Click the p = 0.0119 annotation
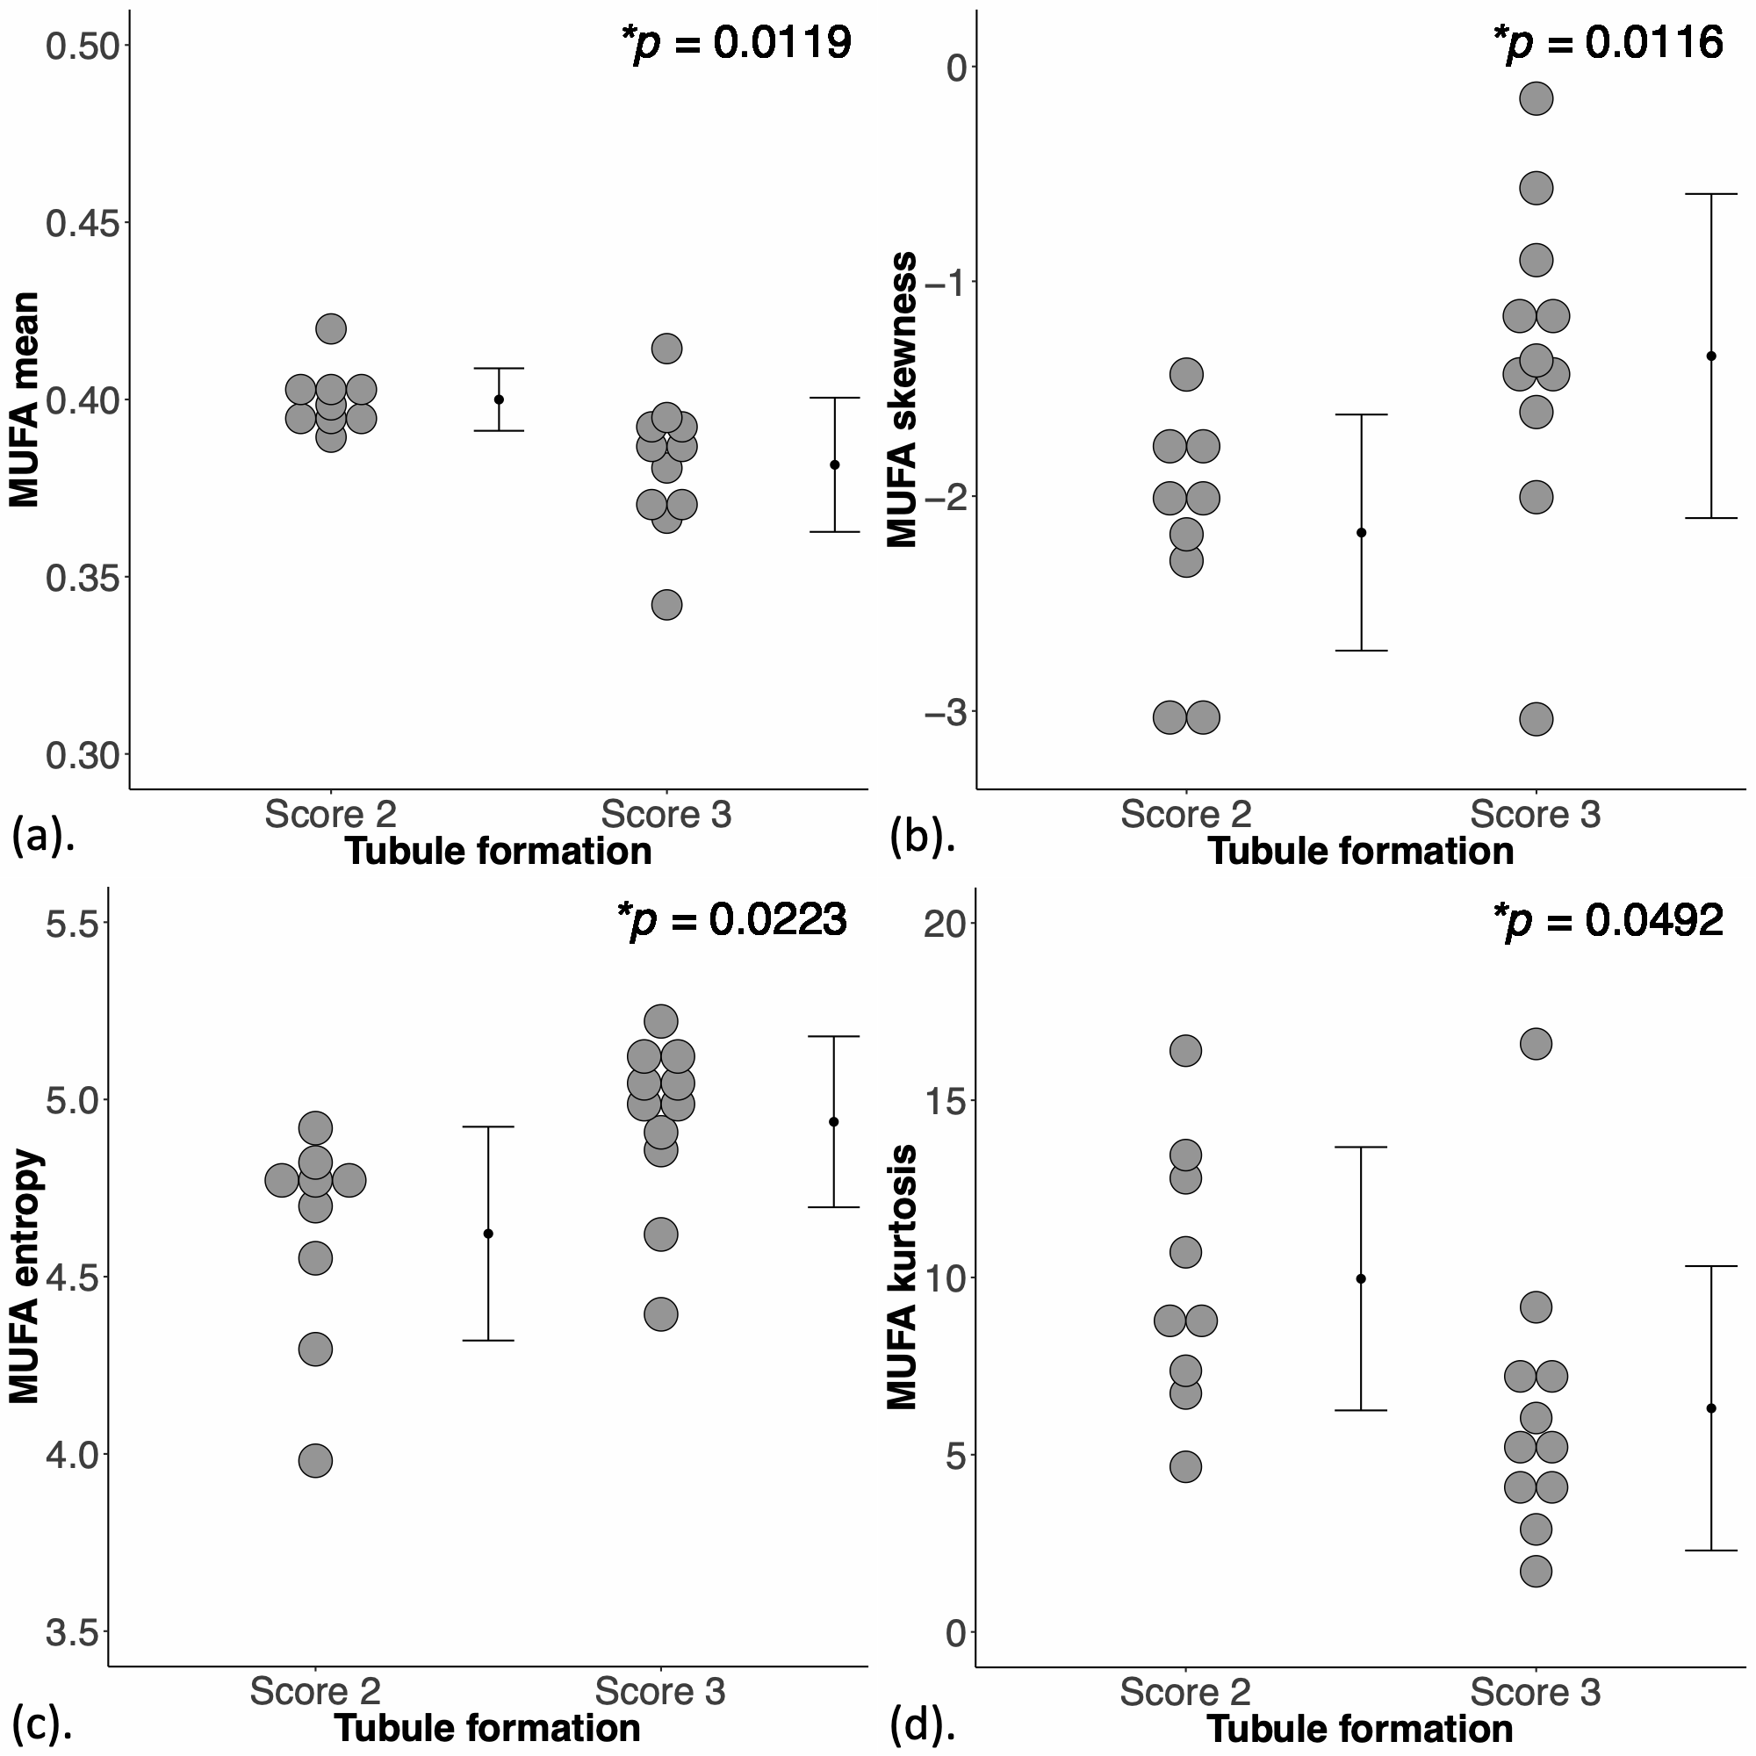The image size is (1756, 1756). point(737,43)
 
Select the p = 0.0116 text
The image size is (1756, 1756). point(1608,43)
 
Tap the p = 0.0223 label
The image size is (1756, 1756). point(731,920)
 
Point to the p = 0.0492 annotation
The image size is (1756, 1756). point(1608,920)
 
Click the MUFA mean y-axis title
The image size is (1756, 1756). point(25,399)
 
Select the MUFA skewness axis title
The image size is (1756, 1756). point(903,399)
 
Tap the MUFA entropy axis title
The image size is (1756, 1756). point(25,1277)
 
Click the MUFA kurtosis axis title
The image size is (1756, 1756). point(903,1277)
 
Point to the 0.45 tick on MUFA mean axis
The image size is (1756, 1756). point(82,223)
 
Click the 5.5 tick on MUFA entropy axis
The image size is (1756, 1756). point(71,923)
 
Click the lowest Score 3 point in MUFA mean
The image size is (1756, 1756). point(666,604)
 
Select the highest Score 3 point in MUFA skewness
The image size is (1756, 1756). point(1536,98)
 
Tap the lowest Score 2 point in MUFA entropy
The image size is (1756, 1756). point(315,1462)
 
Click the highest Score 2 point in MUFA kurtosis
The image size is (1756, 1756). point(1185,1051)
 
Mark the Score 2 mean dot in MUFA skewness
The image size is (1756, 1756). point(1362,533)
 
